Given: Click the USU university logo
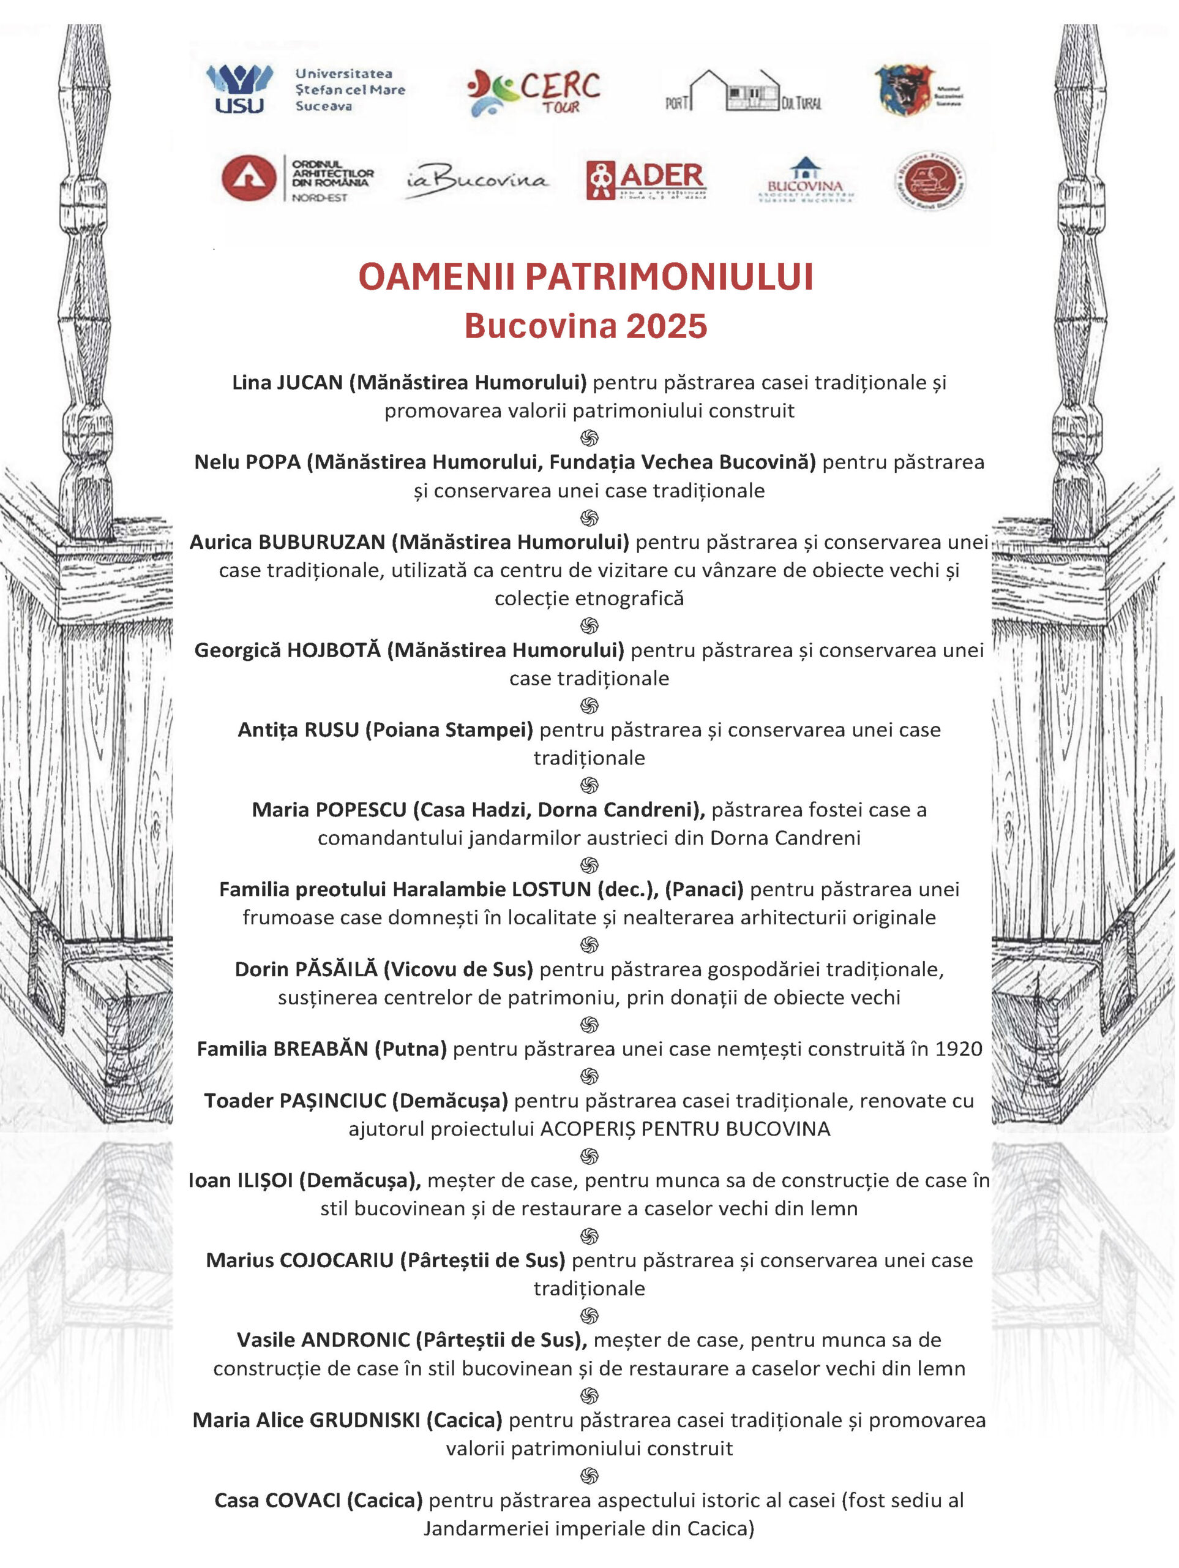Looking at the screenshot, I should (239, 89).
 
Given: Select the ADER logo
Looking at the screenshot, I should (646, 179).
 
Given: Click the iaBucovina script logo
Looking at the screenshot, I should (477, 181).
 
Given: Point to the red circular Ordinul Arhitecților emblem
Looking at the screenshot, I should (249, 177).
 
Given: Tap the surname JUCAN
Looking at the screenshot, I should (310, 383).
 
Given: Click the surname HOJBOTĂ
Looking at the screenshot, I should (334, 650).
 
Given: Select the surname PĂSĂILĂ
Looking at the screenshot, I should (336, 969).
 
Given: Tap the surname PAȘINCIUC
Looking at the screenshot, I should (333, 1101).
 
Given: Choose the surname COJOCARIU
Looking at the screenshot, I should (337, 1261).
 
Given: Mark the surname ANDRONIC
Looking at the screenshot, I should (356, 1340).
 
